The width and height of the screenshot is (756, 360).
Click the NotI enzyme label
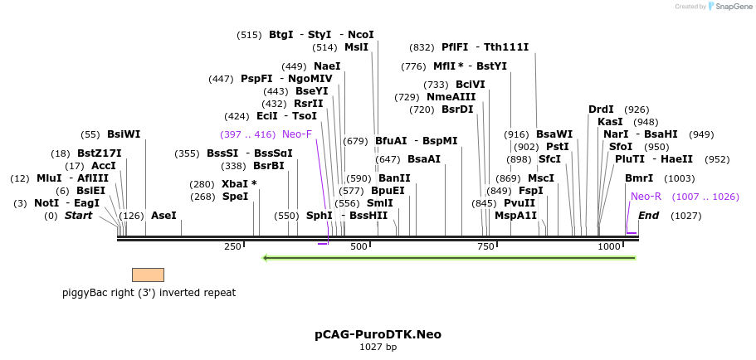[46, 203]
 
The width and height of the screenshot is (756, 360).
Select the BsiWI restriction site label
[124, 134]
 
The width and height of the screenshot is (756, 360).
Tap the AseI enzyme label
[163, 216]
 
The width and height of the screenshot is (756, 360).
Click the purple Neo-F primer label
[297, 134]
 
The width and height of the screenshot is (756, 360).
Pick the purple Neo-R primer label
[646, 197]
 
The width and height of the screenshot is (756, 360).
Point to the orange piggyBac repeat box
[148, 275]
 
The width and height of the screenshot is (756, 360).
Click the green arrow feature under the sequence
[449, 258]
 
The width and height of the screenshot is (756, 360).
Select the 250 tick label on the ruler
[232, 246]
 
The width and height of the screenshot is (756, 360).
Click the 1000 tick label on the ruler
[609, 246]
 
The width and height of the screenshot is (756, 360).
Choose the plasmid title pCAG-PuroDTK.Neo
[378, 334]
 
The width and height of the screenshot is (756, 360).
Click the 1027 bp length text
[378, 347]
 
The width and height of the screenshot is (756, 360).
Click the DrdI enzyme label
[601, 109]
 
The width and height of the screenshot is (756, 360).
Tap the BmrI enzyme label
[639, 178]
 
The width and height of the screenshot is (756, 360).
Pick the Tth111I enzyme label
[506, 47]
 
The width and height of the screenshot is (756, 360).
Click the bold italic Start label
[78, 216]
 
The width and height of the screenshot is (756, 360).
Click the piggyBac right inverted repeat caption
[149, 293]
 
